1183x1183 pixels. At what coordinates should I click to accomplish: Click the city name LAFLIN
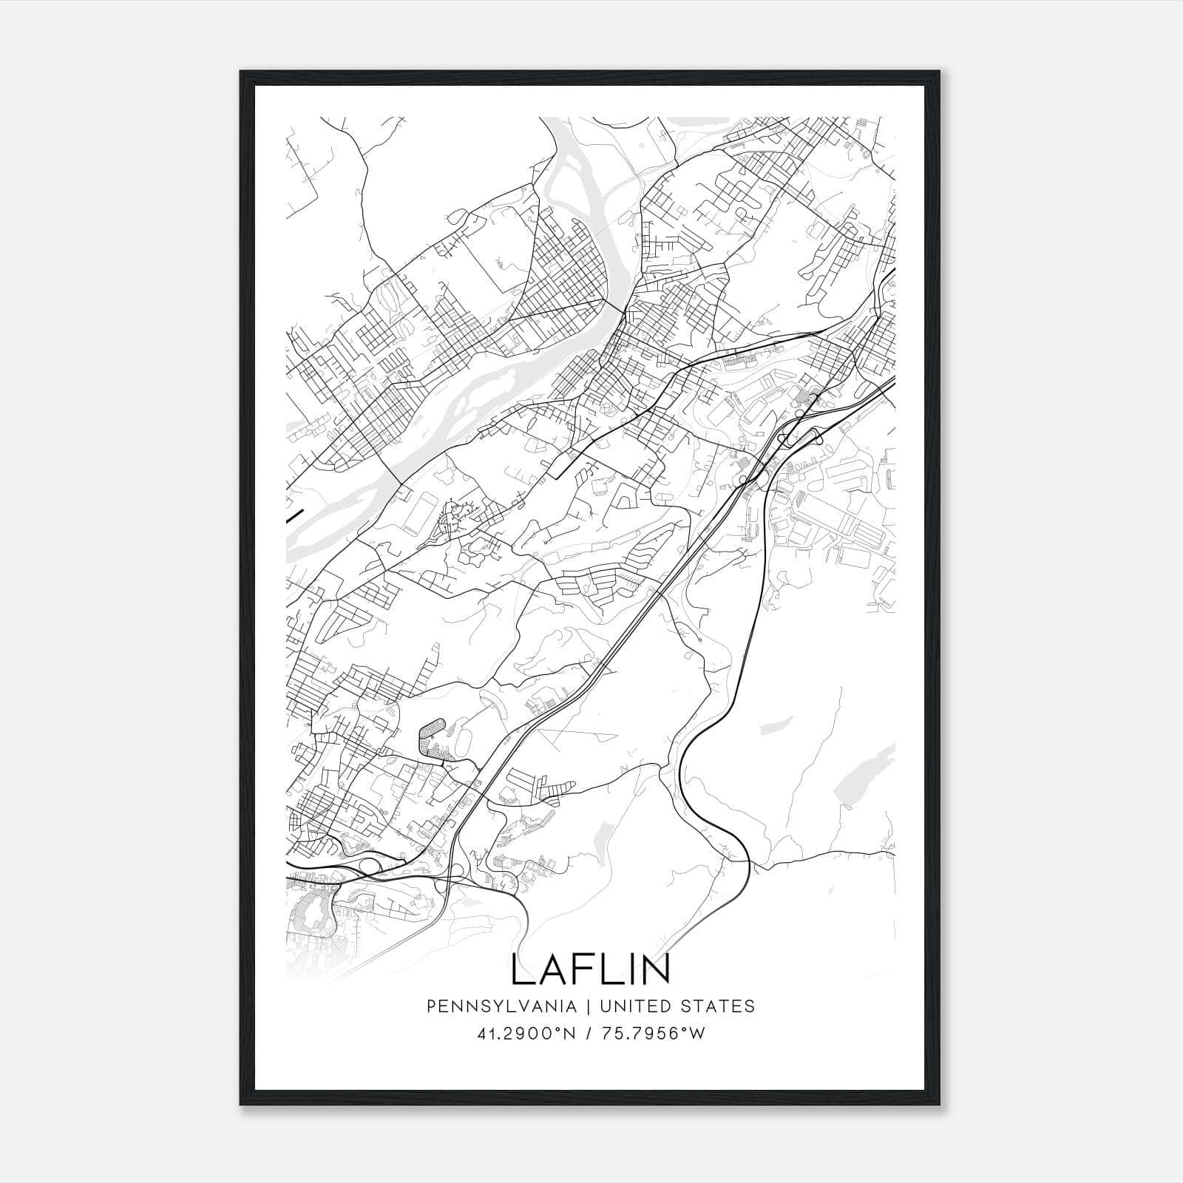591,969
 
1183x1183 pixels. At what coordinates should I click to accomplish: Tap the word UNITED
634,1006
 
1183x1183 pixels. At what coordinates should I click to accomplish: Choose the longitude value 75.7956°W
654,1034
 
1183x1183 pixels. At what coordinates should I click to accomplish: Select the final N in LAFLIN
657,969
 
